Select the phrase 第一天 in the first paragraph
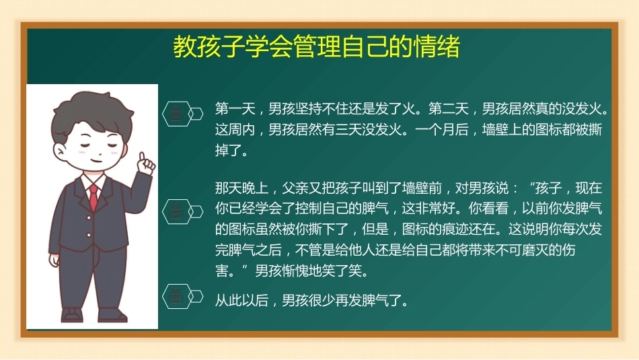tap(235, 109)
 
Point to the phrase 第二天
tap(449, 109)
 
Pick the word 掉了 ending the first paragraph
tap(228, 151)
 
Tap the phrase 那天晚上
tap(241, 188)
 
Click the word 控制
tap(309, 209)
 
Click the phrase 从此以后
tap(241, 301)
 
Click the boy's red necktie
tap(93, 196)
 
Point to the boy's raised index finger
tap(142, 157)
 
